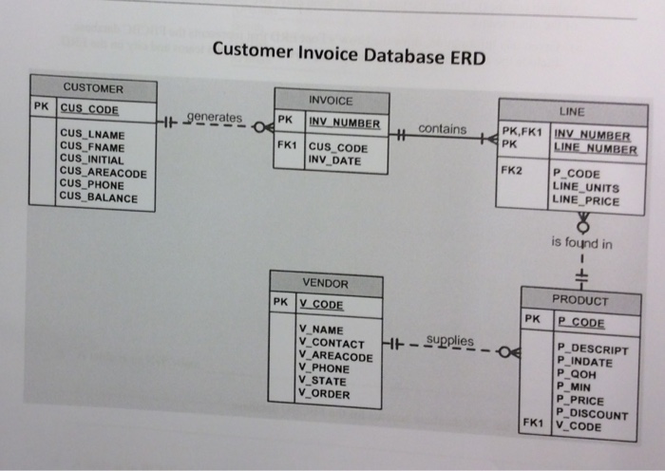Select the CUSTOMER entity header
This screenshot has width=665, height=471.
(93, 88)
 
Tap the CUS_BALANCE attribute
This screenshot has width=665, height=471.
(98, 198)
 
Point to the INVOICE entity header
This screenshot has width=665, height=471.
(331, 101)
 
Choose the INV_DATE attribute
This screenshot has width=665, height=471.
(333, 160)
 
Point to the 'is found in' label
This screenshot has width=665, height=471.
(581, 243)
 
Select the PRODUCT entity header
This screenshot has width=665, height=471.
(579, 300)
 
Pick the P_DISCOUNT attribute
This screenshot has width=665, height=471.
(592, 415)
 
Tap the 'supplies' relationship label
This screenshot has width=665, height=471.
(450, 340)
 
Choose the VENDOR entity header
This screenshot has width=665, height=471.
(325, 283)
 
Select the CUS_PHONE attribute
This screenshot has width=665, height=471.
(92, 185)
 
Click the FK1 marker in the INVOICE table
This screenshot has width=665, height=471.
(287, 147)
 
